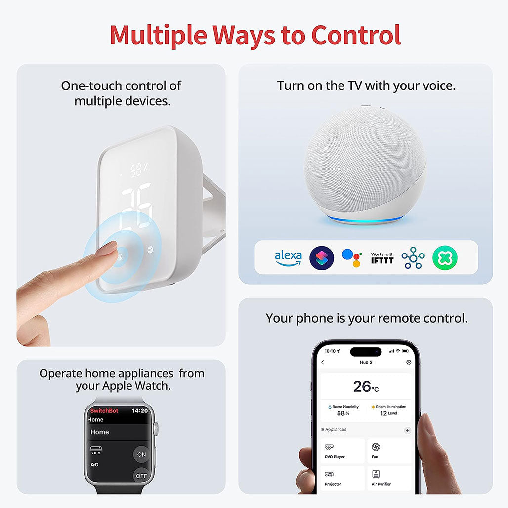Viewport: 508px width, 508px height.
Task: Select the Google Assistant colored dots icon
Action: coord(352,258)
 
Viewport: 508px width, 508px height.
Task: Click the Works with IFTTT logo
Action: coord(382,258)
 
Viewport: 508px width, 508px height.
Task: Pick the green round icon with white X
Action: coord(445,258)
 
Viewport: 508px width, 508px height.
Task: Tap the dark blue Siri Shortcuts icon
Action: coord(322,258)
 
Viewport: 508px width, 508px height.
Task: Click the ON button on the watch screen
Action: coord(142,454)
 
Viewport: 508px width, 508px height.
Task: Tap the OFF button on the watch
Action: coord(141,476)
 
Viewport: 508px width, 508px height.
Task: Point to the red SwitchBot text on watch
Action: coord(104,411)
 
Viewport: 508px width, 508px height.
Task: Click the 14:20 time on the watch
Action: coord(140,411)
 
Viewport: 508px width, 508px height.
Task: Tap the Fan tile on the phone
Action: coord(389,450)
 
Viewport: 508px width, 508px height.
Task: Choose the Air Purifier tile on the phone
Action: coord(389,478)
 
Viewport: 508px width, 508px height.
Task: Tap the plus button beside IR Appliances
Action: coord(408,430)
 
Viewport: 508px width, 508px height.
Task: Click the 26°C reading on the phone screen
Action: coord(366,387)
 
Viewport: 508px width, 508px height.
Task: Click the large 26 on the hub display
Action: coord(136,207)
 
